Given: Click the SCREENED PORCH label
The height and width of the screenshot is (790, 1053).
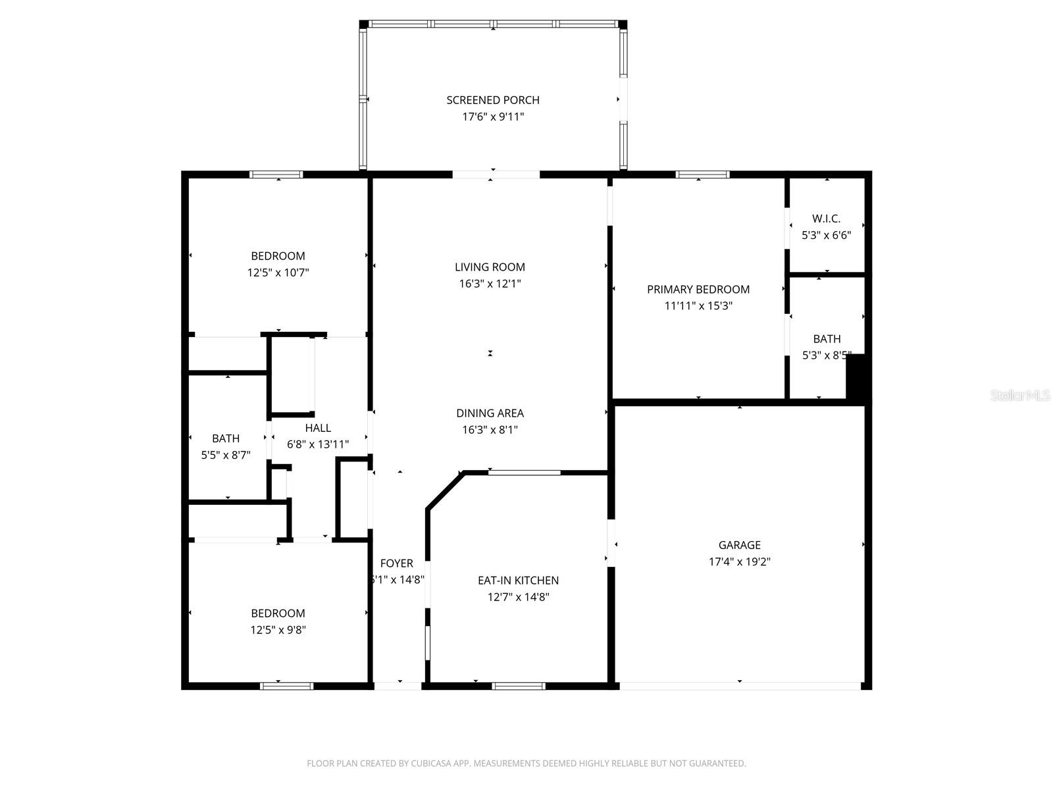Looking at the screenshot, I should pos(493,100).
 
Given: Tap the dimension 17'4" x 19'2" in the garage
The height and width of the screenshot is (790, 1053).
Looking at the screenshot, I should pos(740,562).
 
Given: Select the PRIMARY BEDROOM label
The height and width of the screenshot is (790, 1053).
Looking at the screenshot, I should pos(698,289).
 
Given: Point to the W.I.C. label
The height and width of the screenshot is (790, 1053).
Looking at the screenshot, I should pos(826,219).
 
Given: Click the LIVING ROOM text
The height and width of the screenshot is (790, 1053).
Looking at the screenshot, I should pos(490,267).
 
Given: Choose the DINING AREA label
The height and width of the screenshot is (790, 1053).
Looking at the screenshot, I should pos(490,413).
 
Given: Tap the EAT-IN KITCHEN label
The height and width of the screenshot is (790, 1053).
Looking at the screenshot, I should pos(518,580).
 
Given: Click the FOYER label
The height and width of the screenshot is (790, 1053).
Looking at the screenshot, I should pos(396,563).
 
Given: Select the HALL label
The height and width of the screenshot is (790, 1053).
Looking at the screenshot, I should pos(318,428).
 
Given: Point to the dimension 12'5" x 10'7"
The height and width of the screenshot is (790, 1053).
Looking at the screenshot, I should pos(278,273).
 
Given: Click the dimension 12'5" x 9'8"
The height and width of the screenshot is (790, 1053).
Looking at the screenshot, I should pos(278,629).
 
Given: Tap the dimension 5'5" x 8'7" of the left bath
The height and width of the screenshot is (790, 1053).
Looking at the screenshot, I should pos(226,454).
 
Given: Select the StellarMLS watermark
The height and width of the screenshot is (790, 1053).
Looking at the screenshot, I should pos(1020,396).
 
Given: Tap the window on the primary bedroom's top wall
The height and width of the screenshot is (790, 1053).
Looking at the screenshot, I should pos(703,174).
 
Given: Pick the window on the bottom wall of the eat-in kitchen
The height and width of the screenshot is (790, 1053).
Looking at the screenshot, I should pos(519,686).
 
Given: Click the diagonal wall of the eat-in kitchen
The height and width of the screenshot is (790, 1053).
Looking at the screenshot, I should pos(445,490).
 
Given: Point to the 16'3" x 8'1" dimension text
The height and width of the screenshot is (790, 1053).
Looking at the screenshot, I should pos(490,430).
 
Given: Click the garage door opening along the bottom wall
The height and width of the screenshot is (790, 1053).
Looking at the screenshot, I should pos(740,686).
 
